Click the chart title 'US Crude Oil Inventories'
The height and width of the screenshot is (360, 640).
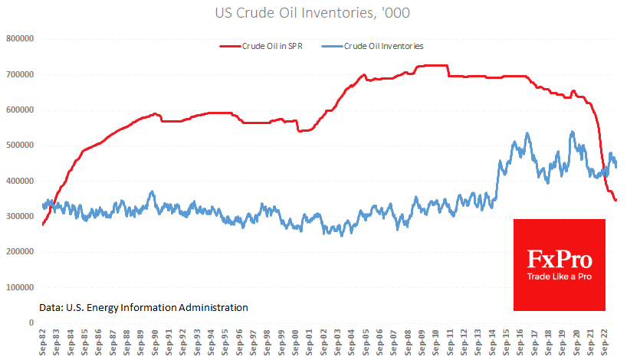(320, 13)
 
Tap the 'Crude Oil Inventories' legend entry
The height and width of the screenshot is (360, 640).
(383, 46)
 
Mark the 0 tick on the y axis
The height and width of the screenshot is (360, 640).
(32, 322)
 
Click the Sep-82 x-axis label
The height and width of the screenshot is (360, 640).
(44, 342)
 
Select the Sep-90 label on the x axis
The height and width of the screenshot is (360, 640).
(156, 342)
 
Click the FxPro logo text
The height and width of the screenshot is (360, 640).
(559, 259)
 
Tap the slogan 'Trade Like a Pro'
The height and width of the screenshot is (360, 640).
(559, 276)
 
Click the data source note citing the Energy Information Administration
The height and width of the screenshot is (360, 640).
(143, 307)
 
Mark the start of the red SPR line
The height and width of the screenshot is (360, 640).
(43, 224)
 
